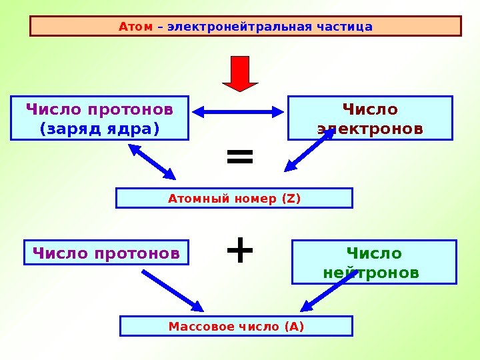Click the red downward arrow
[240, 72]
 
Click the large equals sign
[240, 159]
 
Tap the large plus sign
[240, 251]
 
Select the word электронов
[370, 127]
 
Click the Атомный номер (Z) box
[234, 198]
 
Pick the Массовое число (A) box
[236, 326]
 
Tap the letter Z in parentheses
[291, 198]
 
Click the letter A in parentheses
[293, 326]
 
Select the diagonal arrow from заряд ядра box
[153, 162]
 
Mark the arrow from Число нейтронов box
[327, 291]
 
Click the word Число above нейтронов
[374, 254]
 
